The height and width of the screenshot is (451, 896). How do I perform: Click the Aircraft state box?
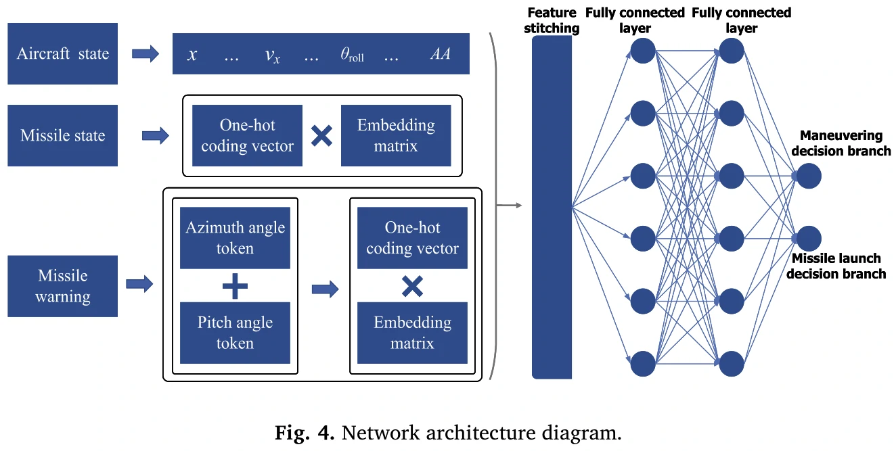tap(62, 54)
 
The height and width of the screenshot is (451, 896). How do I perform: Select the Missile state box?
tap(62, 135)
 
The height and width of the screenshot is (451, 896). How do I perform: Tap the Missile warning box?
tap(62, 286)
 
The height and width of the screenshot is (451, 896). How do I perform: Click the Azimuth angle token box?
tap(235, 237)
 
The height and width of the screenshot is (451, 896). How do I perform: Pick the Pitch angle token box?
tap(235, 333)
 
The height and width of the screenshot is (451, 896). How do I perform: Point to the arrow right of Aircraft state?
tap(145, 54)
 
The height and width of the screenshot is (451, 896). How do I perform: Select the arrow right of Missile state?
tap(155, 136)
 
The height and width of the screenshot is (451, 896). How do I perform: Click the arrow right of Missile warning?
tap(140, 285)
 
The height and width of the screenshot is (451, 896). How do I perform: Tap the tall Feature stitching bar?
tap(552, 206)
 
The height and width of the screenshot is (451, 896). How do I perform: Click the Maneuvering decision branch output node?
tap(809, 176)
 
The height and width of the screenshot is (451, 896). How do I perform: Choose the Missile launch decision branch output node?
tap(809, 239)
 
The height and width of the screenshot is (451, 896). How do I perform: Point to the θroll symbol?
tap(352, 55)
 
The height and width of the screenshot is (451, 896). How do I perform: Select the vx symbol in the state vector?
tap(273, 55)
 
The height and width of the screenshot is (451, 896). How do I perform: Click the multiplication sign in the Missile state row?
tap(321, 136)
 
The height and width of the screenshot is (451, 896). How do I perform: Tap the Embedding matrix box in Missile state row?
tap(396, 135)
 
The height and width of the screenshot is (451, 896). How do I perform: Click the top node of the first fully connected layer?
tap(643, 51)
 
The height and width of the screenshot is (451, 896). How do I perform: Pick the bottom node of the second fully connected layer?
tap(732, 363)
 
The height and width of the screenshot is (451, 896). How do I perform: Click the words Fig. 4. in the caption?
tap(305, 433)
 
